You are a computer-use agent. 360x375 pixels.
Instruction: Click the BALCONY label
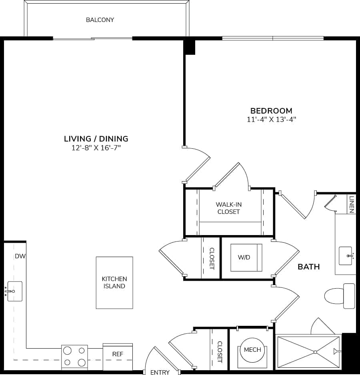click(x=100, y=20)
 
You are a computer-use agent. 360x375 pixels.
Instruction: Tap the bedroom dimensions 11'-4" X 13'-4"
click(x=271, y=119)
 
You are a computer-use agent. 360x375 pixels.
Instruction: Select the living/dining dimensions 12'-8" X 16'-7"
click(x=96, y=148)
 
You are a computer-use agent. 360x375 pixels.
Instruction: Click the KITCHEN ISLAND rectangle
click(x=114, y=283)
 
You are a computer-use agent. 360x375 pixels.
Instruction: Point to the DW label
click(x=20, y=256)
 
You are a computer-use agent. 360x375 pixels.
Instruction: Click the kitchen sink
click(x=14, y=291)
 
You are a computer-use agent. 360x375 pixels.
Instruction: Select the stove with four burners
click(x=75, y=357)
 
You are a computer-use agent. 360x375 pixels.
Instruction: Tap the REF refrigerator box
click(x=118, y=354)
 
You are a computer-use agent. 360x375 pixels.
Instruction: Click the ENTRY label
click(x=160, y=372)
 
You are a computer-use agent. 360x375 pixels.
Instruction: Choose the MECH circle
click(x=252, y=350)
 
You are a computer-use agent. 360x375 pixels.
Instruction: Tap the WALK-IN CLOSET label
click(x=228, y=208)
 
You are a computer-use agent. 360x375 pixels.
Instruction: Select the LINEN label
click(x=352, y=204)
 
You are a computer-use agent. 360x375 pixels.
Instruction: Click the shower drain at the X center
click(x=315, y=352)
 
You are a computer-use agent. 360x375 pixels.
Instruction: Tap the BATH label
click(x=308, y=267)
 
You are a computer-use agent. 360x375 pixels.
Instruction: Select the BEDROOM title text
click(x=271, y=111)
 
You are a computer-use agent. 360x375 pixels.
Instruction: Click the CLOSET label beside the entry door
click(x=220, y=352)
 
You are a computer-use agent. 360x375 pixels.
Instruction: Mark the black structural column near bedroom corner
click(x=189, y=47)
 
